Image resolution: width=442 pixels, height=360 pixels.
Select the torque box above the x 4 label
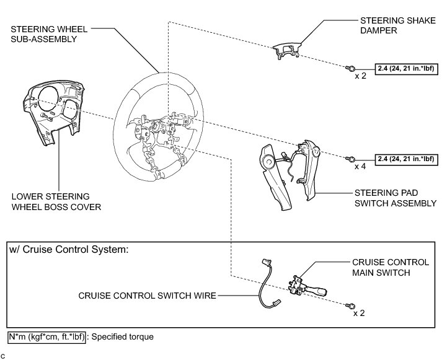pyautogui.click(x=405, y=159)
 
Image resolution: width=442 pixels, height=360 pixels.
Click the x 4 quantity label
pyautogui.click(x=360, y=167)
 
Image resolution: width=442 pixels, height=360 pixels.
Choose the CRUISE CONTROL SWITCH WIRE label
pyautogui.click(x=147, y=296)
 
